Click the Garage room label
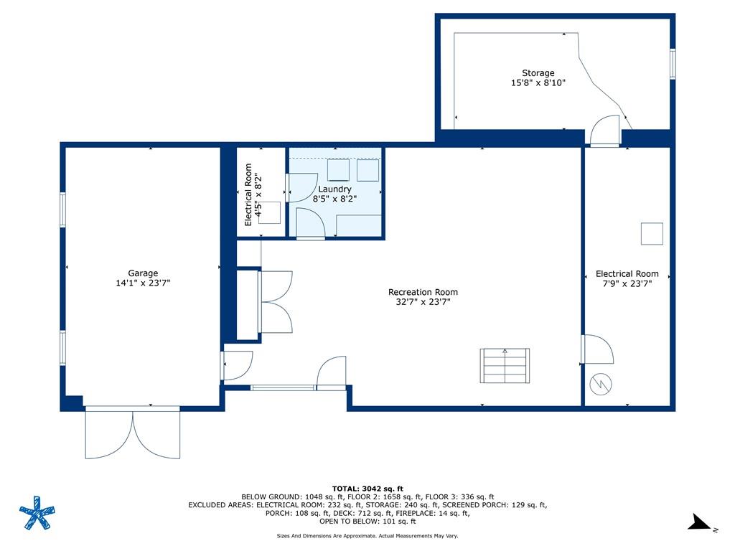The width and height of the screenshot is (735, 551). point(143,273)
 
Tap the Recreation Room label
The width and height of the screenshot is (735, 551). point(423,292)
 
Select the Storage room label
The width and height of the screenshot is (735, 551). point(538,73)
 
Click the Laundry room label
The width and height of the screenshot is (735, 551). point(334,189)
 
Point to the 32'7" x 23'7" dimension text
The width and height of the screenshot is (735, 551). point(423,302)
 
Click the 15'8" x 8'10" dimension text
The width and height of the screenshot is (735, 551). point(538,83)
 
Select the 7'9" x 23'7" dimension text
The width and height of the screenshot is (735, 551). point(627,283)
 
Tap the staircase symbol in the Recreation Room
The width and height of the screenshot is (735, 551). point(505,365)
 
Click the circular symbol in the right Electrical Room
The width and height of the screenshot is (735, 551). point(601,385)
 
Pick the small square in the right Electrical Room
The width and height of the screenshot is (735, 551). point(652,234)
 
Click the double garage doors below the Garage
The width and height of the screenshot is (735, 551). point(133,433)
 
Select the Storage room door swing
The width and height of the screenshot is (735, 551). point(604,131)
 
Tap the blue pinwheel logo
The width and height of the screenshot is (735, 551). point(37,512)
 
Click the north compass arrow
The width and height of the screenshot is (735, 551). point(701,522)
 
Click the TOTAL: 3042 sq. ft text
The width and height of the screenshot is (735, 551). point(367,489)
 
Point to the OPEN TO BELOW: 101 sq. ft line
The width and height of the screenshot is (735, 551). point(367,521)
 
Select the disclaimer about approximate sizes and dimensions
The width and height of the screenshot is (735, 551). point(367,535)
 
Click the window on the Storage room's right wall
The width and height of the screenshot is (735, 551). point(673,64)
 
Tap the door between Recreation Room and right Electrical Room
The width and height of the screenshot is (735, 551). point(597,349)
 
